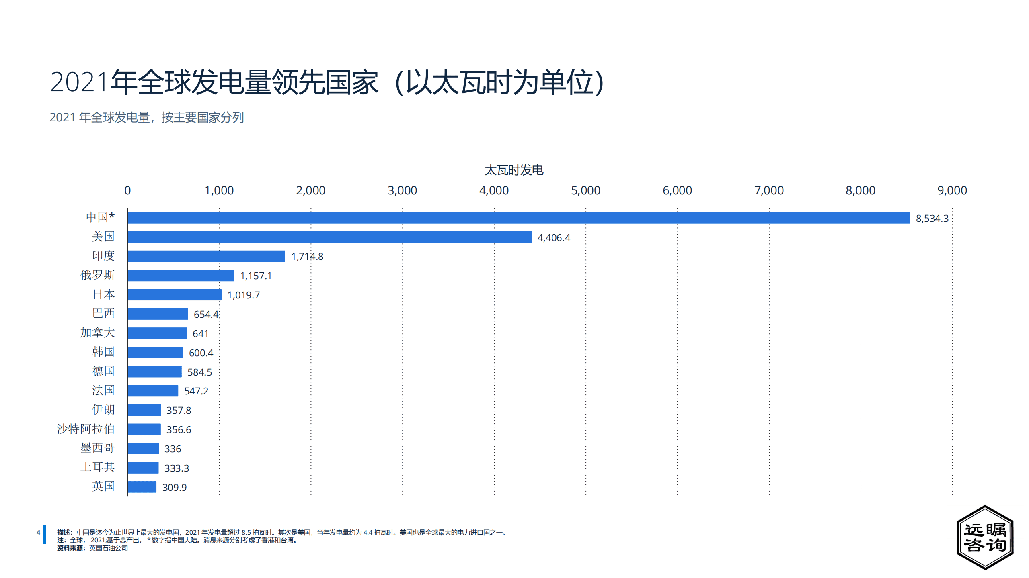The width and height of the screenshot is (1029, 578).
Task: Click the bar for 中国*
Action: [x=519, y=218]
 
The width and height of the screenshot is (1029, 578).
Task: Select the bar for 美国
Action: [x=330, y=237]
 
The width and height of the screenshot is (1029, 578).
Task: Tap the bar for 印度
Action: [x=206, y=256]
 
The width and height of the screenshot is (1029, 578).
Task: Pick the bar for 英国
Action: [x=142, y=487]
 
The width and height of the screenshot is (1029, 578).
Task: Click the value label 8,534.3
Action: [x=932, y=219]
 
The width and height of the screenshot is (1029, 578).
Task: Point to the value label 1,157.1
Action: [x=256, y=276]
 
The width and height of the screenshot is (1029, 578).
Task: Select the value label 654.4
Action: [x=206, y=315]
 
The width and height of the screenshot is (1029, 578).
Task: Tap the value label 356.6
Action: [x=179, y=430]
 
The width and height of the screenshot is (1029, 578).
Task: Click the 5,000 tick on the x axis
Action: [x=585, y=190]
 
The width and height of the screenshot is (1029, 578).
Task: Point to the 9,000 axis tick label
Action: [x=952, y=190]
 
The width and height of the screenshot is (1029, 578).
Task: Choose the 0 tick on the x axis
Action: [x=127, y=190]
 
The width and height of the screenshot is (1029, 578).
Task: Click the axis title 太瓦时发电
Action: [x=514, y=170]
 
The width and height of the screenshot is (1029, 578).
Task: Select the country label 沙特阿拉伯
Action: [x=86, y=429]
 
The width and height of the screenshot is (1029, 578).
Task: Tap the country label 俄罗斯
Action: [x=98, y=275]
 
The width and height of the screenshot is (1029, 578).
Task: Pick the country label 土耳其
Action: [x=98, y=467]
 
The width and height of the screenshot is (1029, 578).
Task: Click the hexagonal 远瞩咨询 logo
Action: [x=985, y=537]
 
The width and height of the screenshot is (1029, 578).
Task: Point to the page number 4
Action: [x=38, y=533]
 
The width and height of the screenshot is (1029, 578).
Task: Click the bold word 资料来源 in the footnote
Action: [x=70, y=548]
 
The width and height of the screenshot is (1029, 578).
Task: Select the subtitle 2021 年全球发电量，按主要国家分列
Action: [x=147, y=117]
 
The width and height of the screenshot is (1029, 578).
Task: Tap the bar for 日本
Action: [x=175, y=295]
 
